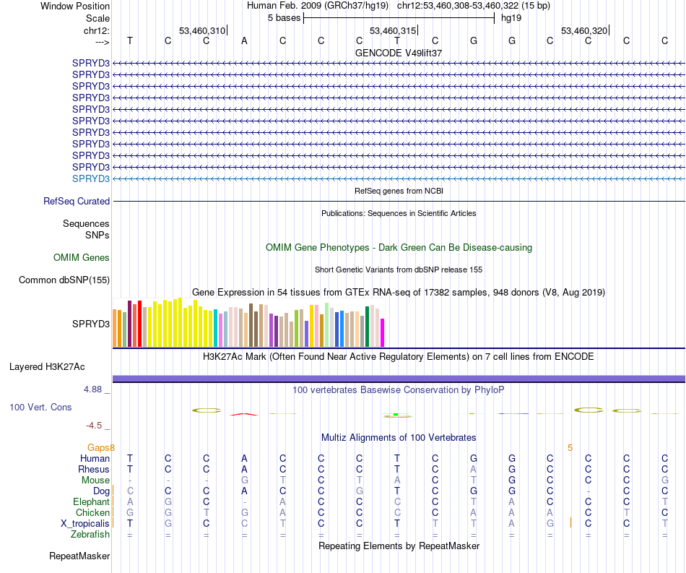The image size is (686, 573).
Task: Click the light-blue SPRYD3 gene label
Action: [x=91, y=178]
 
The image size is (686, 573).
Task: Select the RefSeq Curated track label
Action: [x=77, y=202]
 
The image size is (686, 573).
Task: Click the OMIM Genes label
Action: [x=82, y=257]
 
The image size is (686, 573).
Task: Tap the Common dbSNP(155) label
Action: [x=64, y=280]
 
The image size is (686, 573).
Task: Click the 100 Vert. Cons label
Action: [x=40, y=407]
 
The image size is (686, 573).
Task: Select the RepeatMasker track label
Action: [x=79, y=556]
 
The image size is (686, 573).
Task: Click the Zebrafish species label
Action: [x=90, y=535]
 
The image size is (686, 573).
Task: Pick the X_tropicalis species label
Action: [x=85, y=523]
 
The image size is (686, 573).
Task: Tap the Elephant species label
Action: [x=91, y=501]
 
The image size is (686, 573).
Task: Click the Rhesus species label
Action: [x=93, y=469]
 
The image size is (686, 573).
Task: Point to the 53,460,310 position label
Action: [x=202, y=31]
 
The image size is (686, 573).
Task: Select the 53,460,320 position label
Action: [x=583, y=31]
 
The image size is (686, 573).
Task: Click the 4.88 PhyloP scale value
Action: [x=95, y=389]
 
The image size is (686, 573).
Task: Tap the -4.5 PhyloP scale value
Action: [x=95, y=425]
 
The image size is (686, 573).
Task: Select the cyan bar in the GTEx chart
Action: [x=215, y=329]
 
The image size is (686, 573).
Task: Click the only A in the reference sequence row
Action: [x=244, y=40]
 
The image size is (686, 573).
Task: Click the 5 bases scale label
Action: [x=282, y=17]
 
